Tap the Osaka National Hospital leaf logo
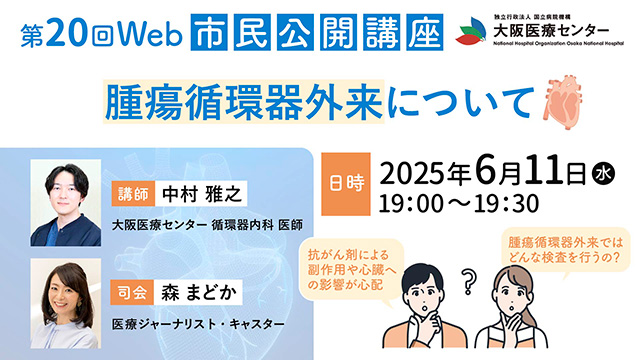tap(472, 31)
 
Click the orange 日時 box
tap(346, 184)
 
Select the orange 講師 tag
tap(133, 193)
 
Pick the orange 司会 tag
tap(133, 292)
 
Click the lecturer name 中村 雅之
tap(201, 193)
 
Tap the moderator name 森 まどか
tap(198, 292)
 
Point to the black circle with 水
tap(603, 175)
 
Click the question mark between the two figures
tap(469, 282)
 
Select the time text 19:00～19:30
tap(459, 203)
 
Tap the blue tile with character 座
tap(424, 32)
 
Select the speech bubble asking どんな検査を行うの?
tap(566, 251)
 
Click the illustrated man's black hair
tap(422, 277)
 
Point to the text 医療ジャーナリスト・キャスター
tap(198, 324)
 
